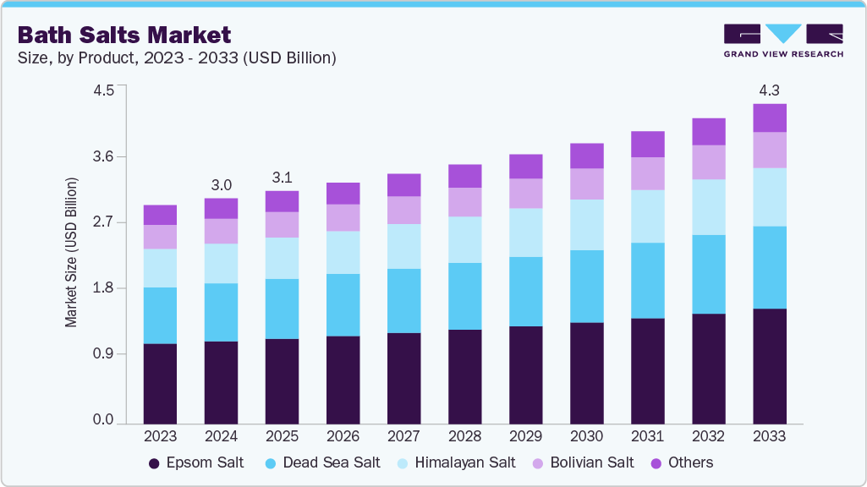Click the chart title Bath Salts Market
pos(123,35)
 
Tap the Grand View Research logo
pos(782,40)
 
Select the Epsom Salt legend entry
pos(196,462)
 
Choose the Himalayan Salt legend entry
pos(456,462)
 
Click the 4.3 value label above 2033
pos(769,90)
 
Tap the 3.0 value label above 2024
pos(221,184)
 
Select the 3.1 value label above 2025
pos(282,177)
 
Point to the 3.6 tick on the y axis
pos(103,157)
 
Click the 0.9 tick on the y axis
pos(103,353)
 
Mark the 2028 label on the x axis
pos(464,436)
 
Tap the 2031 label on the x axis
pos(647,436)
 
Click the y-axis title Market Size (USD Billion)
pos(72,253)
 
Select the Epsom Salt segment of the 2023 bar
pos(160,383)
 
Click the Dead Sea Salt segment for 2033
pos(769,267)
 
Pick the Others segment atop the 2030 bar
pos(586,156)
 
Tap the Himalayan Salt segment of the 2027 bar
pos(403,246)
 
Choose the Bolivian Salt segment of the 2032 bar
pos(708,161)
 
